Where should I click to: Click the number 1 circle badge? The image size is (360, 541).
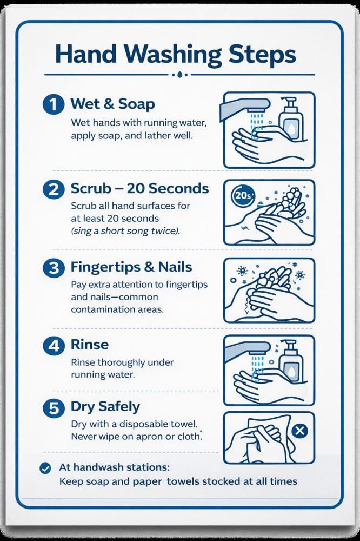(54, 104)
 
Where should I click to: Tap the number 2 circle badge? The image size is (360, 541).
(54, 189)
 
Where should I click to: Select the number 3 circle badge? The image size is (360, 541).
(54, 268)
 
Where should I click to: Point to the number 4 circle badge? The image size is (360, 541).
(54, 345)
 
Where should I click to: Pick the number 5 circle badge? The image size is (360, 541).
(54, 407)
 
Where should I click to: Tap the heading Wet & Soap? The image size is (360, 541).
(112, 104)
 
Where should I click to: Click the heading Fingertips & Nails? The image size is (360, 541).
(131, 267)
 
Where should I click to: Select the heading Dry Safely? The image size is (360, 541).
(105, 407)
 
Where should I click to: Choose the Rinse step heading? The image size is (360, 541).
(90, 344)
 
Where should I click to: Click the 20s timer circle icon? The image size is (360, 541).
(243, 196)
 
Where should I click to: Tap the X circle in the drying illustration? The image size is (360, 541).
(299, 431)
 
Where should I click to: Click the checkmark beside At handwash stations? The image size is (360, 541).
(45, 468)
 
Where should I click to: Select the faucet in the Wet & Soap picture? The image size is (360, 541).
(245, 107)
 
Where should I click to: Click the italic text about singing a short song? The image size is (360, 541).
(125, 231)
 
